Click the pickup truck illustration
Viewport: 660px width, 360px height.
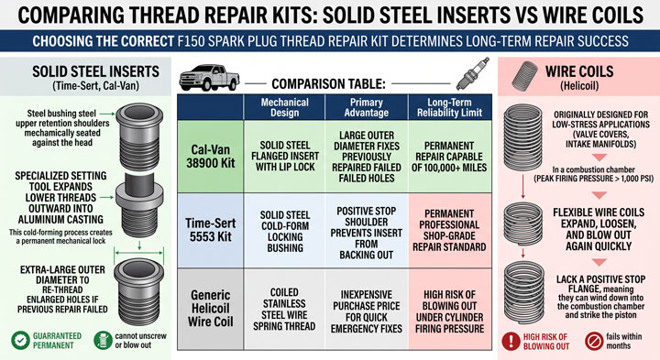209,78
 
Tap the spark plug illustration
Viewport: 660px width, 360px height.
473,74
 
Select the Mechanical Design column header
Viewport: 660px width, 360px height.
284,108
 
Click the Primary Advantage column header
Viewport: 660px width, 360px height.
366,108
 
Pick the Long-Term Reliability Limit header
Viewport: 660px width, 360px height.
449,108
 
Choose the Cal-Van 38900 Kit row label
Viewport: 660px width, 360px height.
211,157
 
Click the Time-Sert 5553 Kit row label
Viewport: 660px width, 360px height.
211,230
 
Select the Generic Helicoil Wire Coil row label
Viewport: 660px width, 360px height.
211,309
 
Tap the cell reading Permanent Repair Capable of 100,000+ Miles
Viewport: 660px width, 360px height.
449,157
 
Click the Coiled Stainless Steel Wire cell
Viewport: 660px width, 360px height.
284,309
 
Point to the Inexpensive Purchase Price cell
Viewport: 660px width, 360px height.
366,311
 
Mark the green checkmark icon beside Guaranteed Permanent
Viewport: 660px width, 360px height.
20,340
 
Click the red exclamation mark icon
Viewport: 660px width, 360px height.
511,341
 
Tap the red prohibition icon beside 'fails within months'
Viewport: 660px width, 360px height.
594,341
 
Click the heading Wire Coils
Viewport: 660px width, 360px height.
579,71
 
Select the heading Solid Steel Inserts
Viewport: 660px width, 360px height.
96,71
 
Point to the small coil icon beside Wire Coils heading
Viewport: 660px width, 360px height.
525,76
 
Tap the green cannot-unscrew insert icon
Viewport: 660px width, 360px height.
103,340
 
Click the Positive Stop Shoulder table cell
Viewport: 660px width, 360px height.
366,233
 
